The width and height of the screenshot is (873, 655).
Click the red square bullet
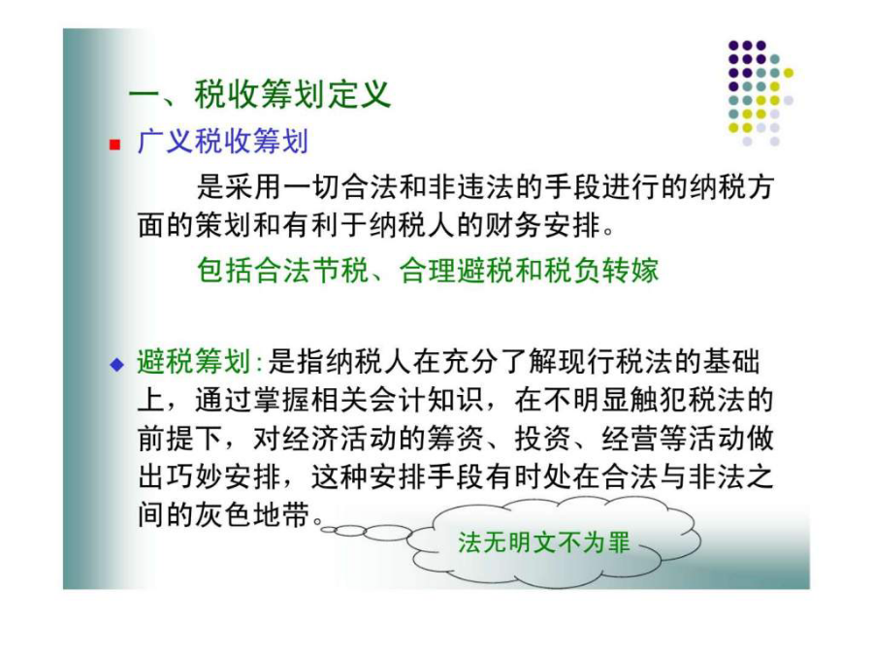point(115,145)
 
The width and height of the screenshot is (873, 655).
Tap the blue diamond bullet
point(116,365)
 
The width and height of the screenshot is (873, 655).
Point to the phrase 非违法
point(472,186)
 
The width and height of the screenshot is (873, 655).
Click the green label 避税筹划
point(194,362)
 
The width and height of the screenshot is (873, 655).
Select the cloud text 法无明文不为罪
point(544,542)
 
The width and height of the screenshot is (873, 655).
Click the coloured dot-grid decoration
point(760,93)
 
